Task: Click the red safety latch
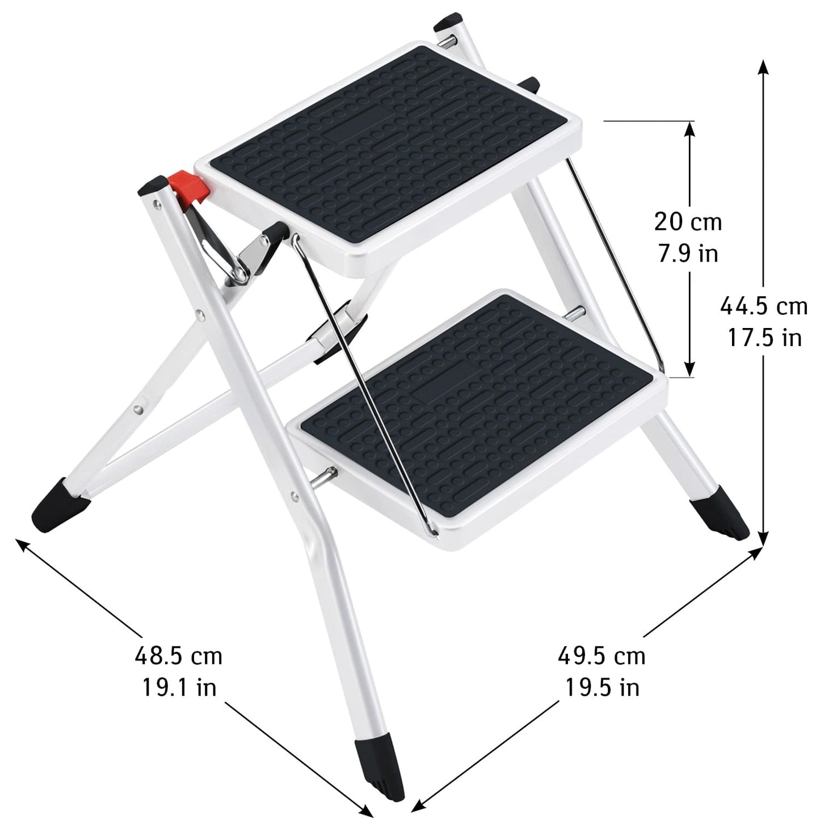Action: [192, 186]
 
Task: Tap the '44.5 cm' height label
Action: [764, 306]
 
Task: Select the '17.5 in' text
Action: [764, 338]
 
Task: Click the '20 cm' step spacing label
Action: [688, 221]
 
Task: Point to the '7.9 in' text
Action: [688, 253]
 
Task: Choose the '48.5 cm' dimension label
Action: [178, 657]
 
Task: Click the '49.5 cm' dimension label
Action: [602, 657]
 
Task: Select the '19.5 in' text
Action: [602, 688]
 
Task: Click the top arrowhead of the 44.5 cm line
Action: [764, 65]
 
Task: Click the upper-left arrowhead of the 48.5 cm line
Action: [23, 544]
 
